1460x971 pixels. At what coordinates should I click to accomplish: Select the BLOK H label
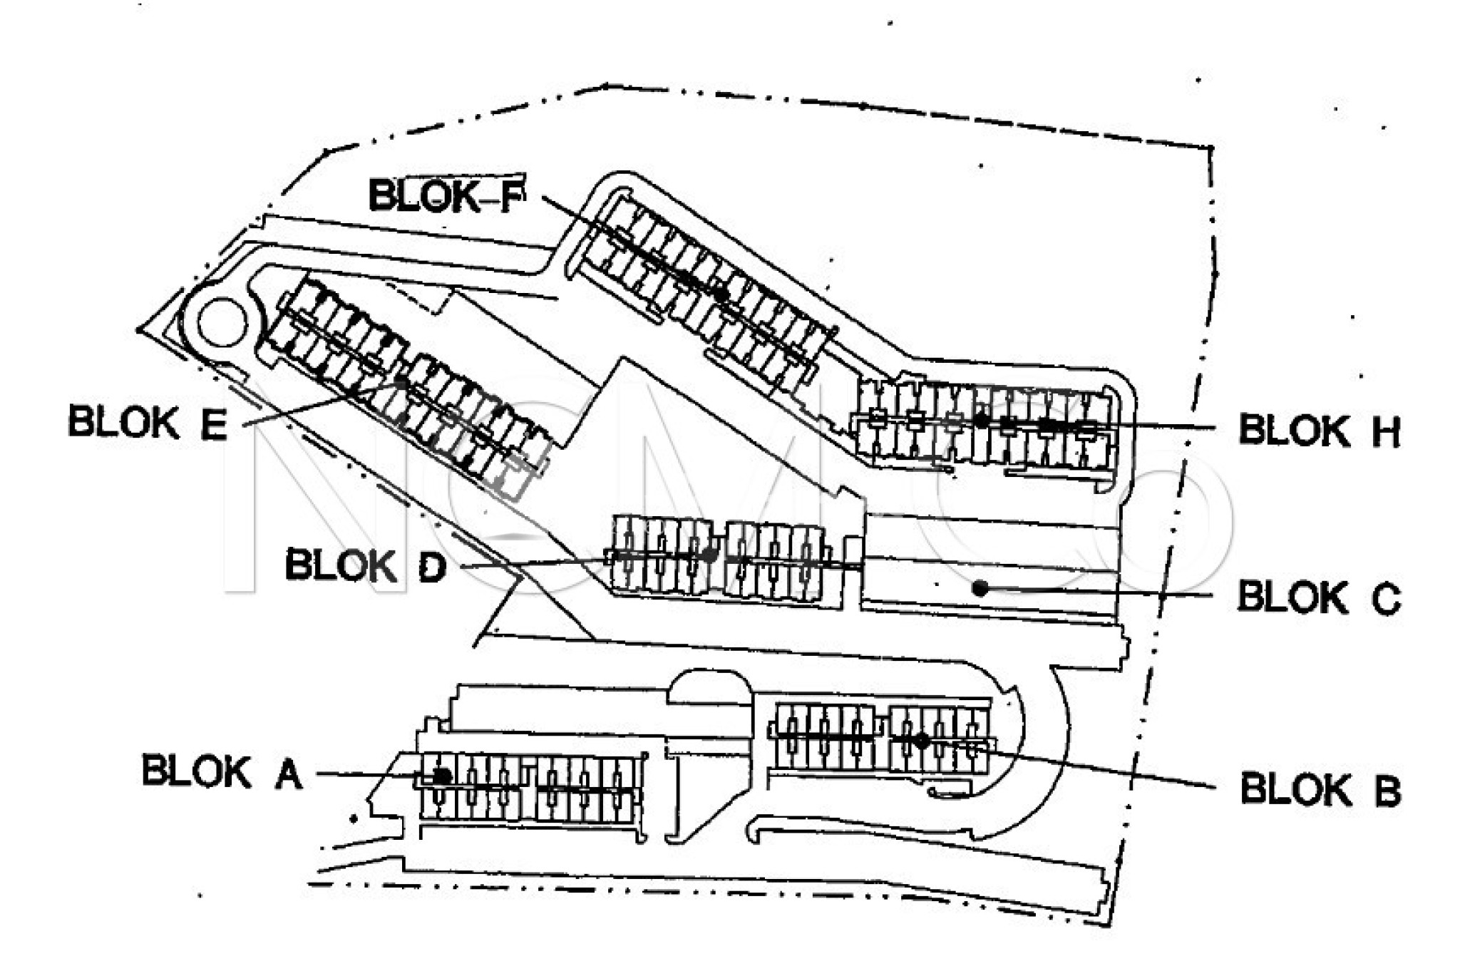1319,430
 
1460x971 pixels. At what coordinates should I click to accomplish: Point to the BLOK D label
365,566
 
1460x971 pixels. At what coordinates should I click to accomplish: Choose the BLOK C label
1319,597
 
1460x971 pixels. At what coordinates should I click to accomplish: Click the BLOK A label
222,772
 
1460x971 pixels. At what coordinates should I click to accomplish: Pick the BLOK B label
1320,790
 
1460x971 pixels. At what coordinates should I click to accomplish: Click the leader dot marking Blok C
980,588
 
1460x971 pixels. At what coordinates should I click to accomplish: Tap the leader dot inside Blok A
442,775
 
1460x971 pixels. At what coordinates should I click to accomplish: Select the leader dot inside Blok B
921,741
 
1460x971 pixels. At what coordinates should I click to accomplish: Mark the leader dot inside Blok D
709,554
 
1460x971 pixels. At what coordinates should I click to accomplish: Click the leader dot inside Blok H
982,421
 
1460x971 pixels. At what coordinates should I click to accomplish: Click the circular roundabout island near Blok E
222,322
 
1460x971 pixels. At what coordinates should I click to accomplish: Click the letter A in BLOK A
288,774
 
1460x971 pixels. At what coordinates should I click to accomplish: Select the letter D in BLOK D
431,567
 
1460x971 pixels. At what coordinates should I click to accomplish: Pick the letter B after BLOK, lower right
1387,791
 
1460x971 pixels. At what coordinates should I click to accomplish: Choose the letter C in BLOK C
1387,599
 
